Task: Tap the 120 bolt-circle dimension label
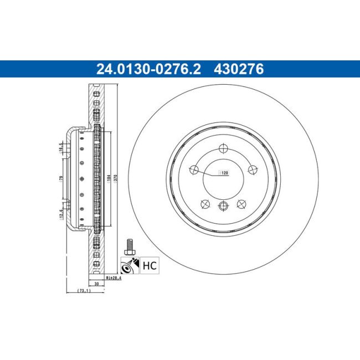(x=225, y=173)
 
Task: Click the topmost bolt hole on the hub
(x=224, y=148)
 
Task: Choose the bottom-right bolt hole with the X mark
(x=241, y=204)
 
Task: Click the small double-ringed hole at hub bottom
(x=224, y=206)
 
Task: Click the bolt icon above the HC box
(x=130, y=246)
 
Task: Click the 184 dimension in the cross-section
(x=109, y=178)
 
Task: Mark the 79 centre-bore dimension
(x=61, y=178)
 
